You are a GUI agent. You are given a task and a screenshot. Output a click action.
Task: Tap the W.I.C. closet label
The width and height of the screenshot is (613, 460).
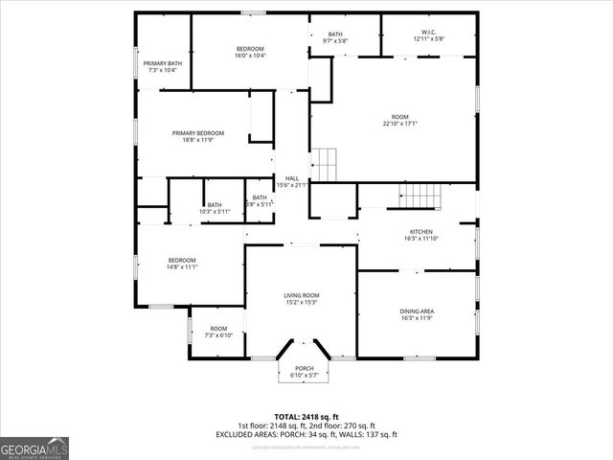pyautogui.click(x=429, y=34)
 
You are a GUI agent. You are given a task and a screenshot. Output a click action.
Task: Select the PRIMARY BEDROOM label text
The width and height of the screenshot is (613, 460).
pyautogui.click(x=198, y=132)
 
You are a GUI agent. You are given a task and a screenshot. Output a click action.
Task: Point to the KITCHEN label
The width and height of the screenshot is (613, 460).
pyautogui.click(x=421, y=232)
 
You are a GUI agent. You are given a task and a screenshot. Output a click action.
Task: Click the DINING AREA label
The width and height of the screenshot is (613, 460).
pyautogui.click(x=417, y=311)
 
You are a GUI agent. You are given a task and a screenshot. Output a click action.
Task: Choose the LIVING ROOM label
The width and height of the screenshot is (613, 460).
pyautogui.click(x=301, y=295)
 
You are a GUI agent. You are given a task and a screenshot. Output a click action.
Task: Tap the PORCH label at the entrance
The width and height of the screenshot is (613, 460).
pyautogui.click(x=304, y=369)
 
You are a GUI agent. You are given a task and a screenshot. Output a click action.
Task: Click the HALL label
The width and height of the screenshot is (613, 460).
pyautogui.click(x=291, y=179)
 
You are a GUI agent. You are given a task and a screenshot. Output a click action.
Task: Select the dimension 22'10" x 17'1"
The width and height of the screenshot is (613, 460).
pyautogui.click(x=399, y=124)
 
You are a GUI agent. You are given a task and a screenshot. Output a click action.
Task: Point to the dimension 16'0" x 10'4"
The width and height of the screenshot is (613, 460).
pyautogui.click(x=250, y=56)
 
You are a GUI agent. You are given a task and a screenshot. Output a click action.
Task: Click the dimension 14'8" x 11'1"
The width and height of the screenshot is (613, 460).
pyautogui.click(x=182, y=267)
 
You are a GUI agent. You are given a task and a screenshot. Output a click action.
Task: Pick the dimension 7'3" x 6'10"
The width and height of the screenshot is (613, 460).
pyautogui.click(x=219, y=336)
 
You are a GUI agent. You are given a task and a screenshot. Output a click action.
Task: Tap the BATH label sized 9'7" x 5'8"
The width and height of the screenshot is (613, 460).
pyautogui.click(x=335, y=34)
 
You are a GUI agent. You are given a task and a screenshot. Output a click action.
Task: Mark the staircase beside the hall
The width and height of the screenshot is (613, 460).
pyautogui.click(x=326, y=164)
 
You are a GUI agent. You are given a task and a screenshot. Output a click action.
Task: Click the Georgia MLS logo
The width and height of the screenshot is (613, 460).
pyautogui.click(x=34, y=448)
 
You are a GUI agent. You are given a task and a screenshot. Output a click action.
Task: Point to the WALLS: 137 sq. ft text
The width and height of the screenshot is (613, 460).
pyautogui.click(x=368, y=435)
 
